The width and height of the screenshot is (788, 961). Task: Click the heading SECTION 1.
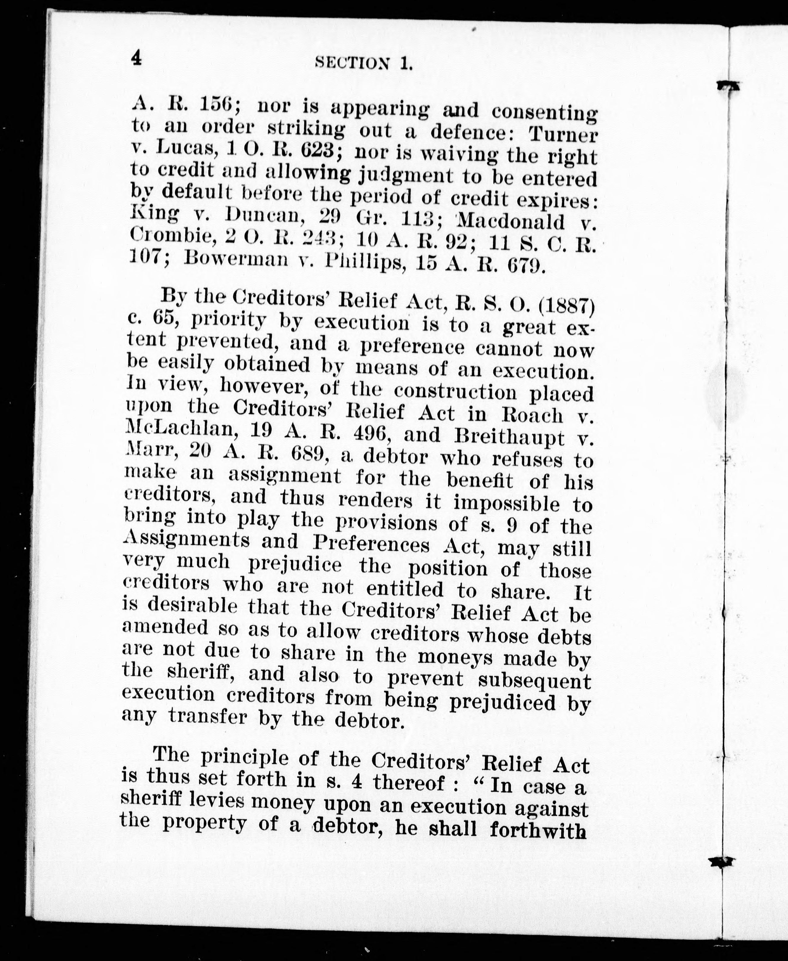364,64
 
